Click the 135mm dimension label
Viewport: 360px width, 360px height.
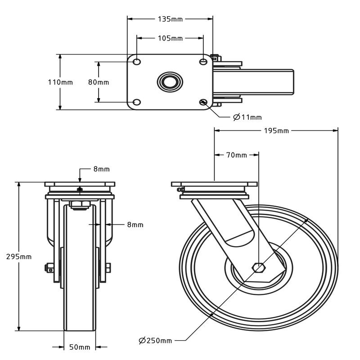pyautogui.click(x=170, y=19)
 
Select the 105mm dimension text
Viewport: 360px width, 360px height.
pyautogui.click(x=170, y=38)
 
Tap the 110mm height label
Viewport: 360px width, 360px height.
pyautogui.click(x=60, y=82)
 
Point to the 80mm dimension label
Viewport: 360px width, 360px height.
pyautogui.click(x=99, y=82)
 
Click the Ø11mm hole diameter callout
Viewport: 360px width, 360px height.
pyautogui.click(x=247, y=117)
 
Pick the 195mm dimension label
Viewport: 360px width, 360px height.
pyautogui.click(x=276, y=130)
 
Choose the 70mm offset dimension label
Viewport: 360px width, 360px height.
pyautogui.click(x=236, y=155)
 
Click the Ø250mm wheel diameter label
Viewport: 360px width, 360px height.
pyautogui.click(x=155, y=340)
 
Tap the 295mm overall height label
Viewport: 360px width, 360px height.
pyautogui.click(x=18, y=256)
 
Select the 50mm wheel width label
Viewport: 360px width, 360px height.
pyautogui.click(x=80, y=347)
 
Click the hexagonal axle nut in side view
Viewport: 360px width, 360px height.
pyautogui.click(x=258, y=267)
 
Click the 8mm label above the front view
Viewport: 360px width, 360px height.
pyautogui.click(x=101, y=169)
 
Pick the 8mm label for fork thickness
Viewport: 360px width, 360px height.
pyautogui.click(x=135, y=224)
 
